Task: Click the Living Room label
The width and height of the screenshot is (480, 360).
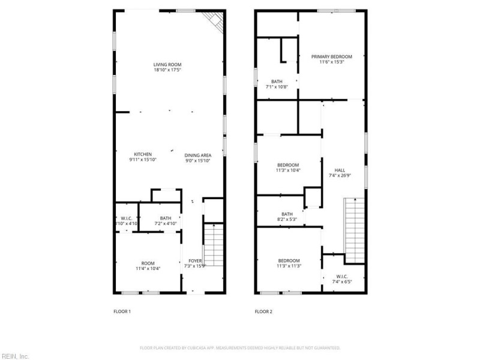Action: pyautogui.click(x=167, y=64)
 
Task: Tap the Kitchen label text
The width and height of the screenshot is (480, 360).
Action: pyautogui.click(x=143, y=154)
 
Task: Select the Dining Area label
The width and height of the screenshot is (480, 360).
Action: pyautogui.click(x=197, y=154)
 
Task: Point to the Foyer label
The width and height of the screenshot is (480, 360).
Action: pyautogui.click(x=195, y=260)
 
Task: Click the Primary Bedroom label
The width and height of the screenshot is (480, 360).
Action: pyautogui.click(x=331, y=56)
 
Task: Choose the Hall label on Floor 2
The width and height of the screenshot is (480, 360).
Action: pyautogui.click(x=340, y=170)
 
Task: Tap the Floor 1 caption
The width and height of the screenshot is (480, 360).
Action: pyautogui.click(x=122, y=311)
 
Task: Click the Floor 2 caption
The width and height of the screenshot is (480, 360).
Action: pyautogui.click(x=263, y=311)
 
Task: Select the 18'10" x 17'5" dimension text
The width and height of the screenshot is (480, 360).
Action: pyautogui.click(x=167, y=70)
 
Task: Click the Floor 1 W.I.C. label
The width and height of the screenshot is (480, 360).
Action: pyautogui.click(x=126, y=218)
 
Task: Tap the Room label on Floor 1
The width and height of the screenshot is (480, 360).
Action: pyautogui.click(x=148, y=263)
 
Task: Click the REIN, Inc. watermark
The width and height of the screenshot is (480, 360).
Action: pyautogui.click(x=15, y=355)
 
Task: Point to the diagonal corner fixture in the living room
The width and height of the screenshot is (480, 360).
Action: pyautogui.click(x=216, y=21)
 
